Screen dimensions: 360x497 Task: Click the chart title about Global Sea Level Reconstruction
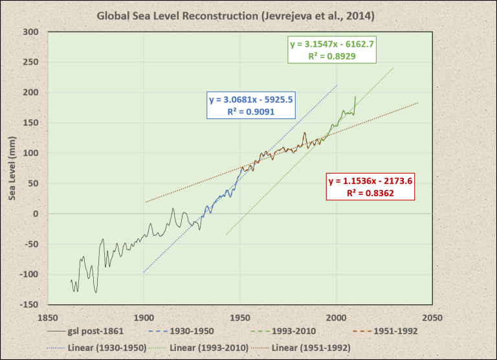[248, 14]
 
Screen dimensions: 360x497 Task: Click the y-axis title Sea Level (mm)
[14, 168]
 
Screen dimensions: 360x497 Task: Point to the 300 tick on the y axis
[31, 32]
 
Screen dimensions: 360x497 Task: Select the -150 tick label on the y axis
[28, 304]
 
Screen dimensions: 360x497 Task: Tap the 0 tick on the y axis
[36, 214]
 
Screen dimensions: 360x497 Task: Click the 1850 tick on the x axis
[47, 318]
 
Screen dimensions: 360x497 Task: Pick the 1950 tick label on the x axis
[239, 318]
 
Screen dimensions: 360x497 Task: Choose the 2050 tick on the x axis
[432, 318]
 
